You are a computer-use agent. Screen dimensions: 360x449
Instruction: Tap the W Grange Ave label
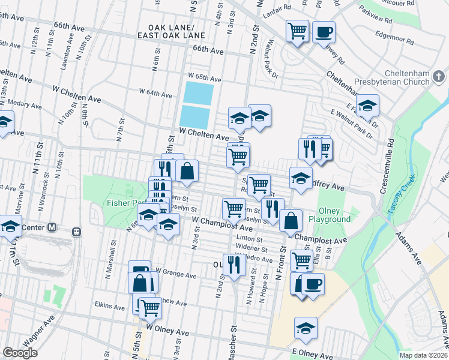pos(176,277)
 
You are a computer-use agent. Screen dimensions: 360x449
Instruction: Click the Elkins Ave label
pos(109,306)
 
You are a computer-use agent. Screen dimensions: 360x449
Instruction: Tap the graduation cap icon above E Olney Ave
pos(306,328)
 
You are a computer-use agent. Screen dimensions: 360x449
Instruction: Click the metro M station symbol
pos(52,227)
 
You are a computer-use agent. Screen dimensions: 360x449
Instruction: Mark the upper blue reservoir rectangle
pos(198,93)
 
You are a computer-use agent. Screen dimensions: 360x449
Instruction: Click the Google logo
pos(20,353)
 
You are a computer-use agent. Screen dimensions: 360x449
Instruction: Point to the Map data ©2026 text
pos(423,355)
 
